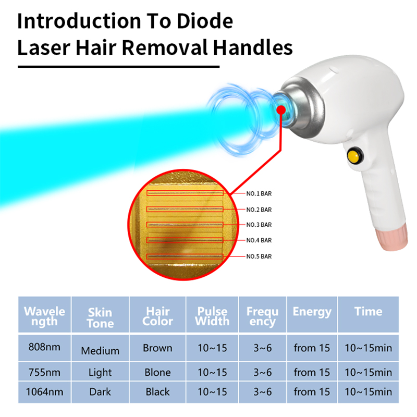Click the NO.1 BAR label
tap(259, 193)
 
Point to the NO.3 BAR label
tap(259, 225)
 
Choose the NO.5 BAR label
tap(259, 256)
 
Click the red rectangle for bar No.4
tap(185, 240)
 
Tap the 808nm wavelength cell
tap(44, 348)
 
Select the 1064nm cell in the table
tap(44, 391)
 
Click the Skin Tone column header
tap(100, 317)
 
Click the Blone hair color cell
tap(157, 372)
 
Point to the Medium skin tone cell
tap(100, 351)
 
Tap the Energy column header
tap(312, 312)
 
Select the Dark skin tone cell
tap(100, 391)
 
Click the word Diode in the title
tap(201, 21)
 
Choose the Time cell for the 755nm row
tap(368, 372)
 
